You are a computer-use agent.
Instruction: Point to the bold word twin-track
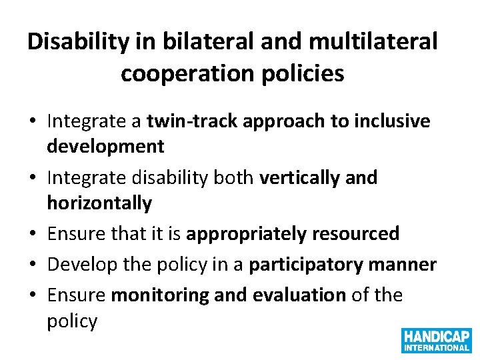188,121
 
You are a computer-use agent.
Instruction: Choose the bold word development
105,145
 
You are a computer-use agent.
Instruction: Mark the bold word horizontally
99,203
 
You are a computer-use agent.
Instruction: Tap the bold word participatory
303,264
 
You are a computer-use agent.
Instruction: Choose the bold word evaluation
296,295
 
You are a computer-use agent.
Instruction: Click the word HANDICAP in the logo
436,335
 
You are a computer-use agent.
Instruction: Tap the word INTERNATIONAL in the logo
436,347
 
